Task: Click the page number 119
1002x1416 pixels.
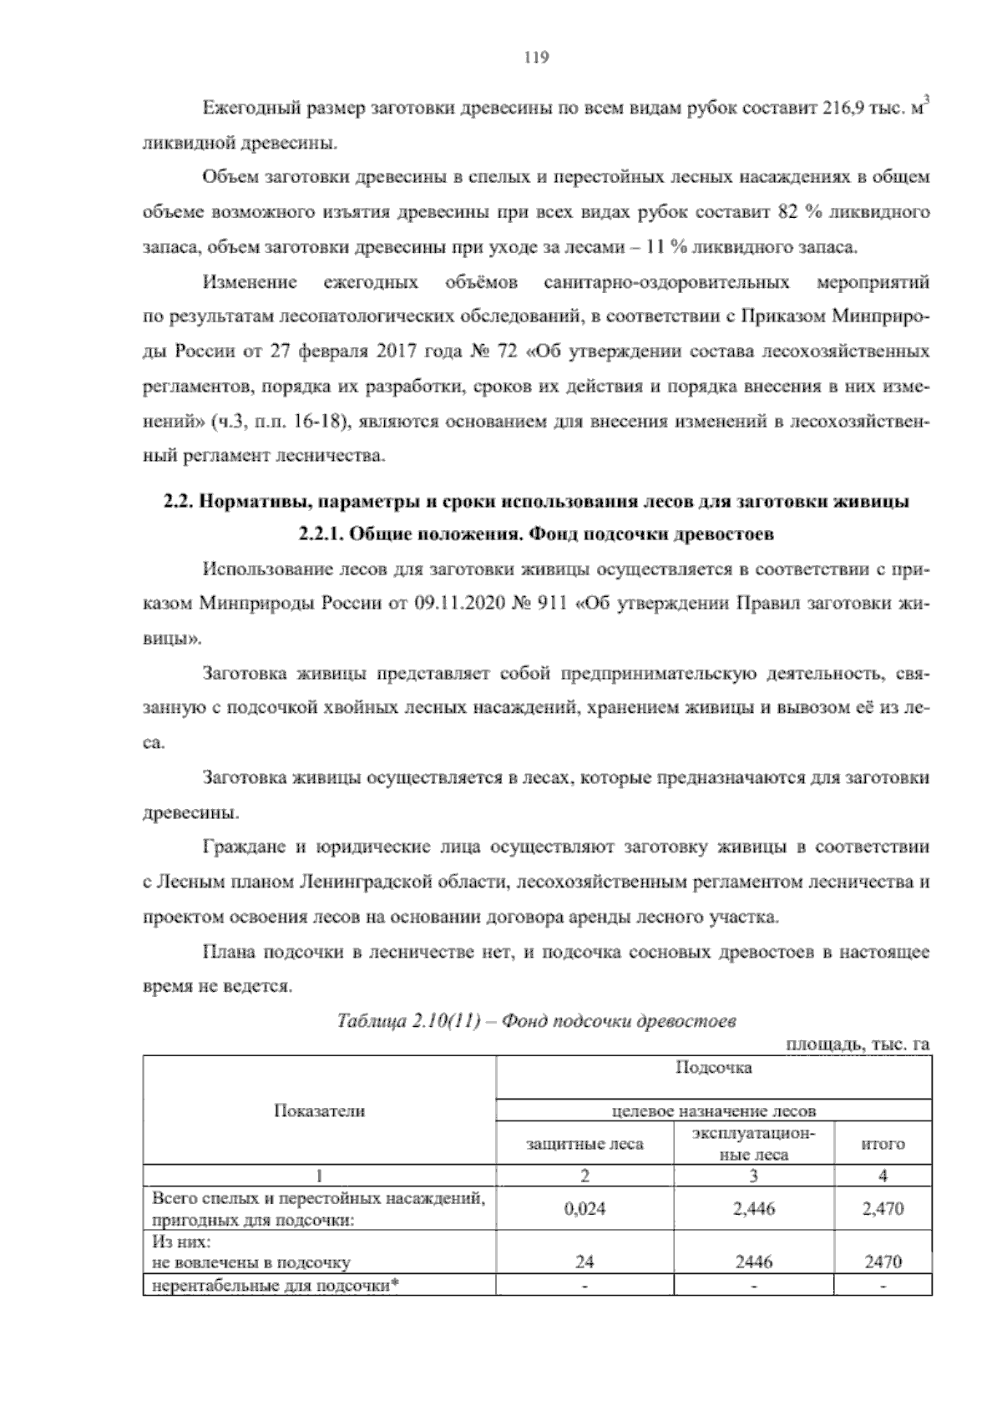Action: pyautogui.click(x=534, y=58)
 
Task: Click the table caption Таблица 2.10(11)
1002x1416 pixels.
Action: pyautogui.click(x=405, y=1021)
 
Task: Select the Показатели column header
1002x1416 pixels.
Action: pyautogui.click(x=320, y=1110)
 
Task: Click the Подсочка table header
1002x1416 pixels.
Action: pyautogui.click(x=713, y=1068)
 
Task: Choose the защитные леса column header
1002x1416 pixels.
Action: pyautogui.click(x=584, y=1143)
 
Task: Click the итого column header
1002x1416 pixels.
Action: pyautogui.click(x=883, y=1143)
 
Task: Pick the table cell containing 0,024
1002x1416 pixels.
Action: pyautogui.click(x=584, y=1208)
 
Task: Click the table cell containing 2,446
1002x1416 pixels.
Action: pyautogui.click(x=753, y=1208)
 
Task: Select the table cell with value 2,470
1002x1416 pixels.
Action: pyautogui.click(x=883, y=1208)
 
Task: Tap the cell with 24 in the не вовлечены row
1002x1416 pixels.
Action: pyautogui.click(x=584, y=1262)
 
